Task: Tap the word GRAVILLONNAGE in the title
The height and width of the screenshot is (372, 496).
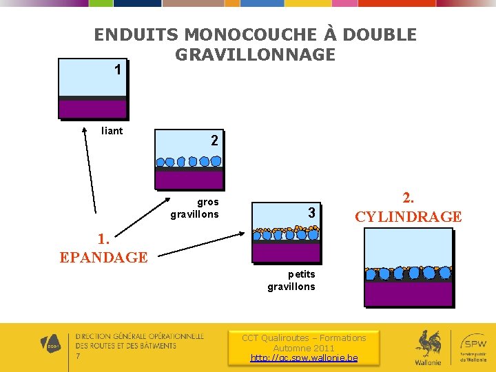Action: click(x=255, y=54)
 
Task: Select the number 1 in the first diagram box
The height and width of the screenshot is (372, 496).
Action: click(x=118, y=70)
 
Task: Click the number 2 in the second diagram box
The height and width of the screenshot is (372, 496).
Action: click(x=214, y=141)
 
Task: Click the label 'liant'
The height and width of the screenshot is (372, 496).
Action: click(x=112, y=131)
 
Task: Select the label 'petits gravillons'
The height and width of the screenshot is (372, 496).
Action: click(x=291, y=280)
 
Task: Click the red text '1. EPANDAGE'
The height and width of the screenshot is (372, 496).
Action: click(x=103, y=249)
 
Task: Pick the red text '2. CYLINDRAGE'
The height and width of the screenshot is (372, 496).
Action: click(x=408, y=207)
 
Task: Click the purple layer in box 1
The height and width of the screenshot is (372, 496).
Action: click(x=92, y=109)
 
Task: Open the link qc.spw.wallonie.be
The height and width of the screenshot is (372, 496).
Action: click(x=304, y=358)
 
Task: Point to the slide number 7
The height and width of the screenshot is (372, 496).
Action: click(x=78, y=356)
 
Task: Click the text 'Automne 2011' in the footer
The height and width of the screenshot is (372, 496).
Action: click(x=304, y=348)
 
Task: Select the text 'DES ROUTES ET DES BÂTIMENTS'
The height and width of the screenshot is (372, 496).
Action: click(x=125, y=345)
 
